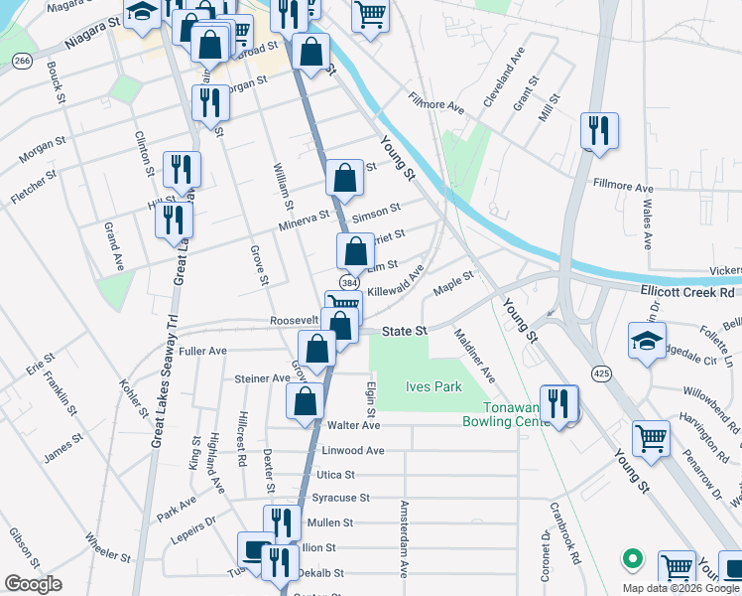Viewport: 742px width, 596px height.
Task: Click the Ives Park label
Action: pos(434,386)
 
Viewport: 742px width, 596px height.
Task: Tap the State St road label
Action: pos(407,329)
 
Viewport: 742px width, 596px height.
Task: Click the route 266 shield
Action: pos(23,62)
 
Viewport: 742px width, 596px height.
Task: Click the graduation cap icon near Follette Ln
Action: pos(647,340)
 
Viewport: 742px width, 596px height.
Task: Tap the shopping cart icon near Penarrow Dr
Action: pos(651,436)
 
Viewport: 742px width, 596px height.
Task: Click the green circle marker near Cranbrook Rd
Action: pos(628,558)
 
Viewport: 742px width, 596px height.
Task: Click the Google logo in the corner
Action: pos(33,584)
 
